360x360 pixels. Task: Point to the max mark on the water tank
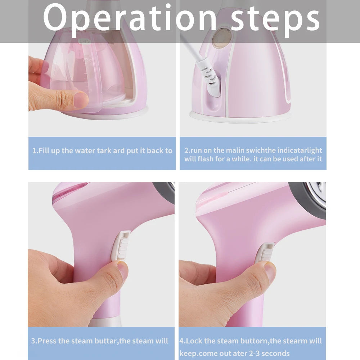click(x=87, y=61)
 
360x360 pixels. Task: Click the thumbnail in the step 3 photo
click(x=122, y=270)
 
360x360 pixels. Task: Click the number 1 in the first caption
click(x=34, y=150)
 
